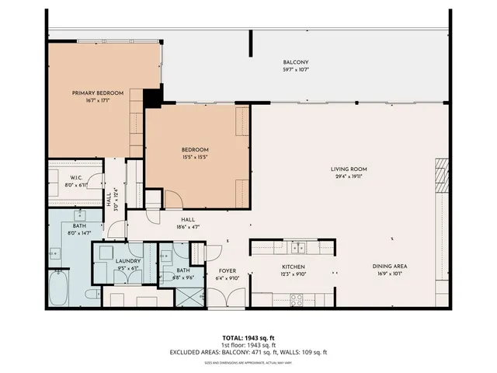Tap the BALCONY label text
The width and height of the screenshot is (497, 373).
point(296,63)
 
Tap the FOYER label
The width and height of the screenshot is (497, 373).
point(227,271)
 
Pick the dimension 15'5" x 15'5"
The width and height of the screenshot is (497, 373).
point(195,158)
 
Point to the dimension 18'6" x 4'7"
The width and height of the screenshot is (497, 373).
point(187,227)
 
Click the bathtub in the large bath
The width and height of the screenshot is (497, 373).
point(59,290)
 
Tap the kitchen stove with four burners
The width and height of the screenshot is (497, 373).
point(296,298)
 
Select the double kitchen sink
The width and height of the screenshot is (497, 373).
point(296,248)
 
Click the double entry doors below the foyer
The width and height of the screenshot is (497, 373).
point(226,300)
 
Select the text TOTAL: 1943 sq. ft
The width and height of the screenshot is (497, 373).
point(248,337)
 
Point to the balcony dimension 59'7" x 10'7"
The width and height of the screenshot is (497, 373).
point(296,71)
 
